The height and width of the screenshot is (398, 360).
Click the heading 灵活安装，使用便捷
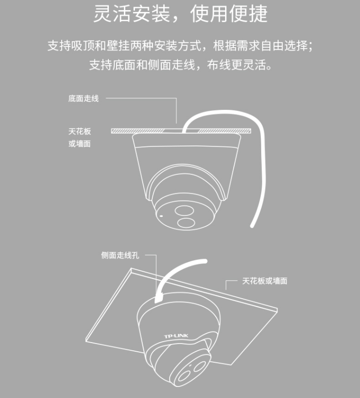(180, 13)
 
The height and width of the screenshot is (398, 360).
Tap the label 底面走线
(83, 98)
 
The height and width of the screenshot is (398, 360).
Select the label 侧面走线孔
(120, 255)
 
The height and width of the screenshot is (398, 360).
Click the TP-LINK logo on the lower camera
(176, 336)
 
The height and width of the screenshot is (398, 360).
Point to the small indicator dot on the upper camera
(161, 216)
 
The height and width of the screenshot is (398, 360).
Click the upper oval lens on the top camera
(184, 211)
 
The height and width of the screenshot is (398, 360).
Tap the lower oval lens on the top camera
(186, 223)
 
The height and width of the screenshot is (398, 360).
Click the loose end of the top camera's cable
(252, 226)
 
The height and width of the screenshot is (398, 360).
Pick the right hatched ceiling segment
(224, 131)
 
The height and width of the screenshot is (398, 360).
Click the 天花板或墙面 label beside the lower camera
(265, 281)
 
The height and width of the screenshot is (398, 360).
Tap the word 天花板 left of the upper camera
(80, 132)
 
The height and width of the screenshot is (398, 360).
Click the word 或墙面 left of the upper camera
(80, 144)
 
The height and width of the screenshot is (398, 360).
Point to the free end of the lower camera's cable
(205, 261)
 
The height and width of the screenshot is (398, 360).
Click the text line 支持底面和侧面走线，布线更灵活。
(181, 65)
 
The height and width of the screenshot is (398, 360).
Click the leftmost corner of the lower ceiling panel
(86, 341)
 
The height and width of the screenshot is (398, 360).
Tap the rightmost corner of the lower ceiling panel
(277, 310)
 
